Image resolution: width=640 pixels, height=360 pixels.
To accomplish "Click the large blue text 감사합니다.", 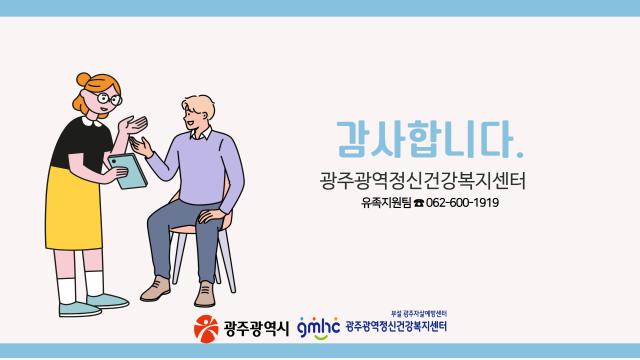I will click(x=425, y=139).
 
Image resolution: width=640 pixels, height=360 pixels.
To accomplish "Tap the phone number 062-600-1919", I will click(x=462, y=203).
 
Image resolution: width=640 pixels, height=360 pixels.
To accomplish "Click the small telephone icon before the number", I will click(x=419, y=204).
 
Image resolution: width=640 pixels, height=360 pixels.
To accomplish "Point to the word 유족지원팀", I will click(x=388, y=203).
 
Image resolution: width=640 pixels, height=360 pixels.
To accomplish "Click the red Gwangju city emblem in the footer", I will click(x=206, y=327).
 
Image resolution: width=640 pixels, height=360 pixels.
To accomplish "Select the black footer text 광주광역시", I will click(x=254, y=327).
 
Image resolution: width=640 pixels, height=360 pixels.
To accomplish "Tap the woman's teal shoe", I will click(x=107, y=300).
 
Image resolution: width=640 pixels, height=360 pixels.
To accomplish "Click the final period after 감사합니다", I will click(x=519, y=154).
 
